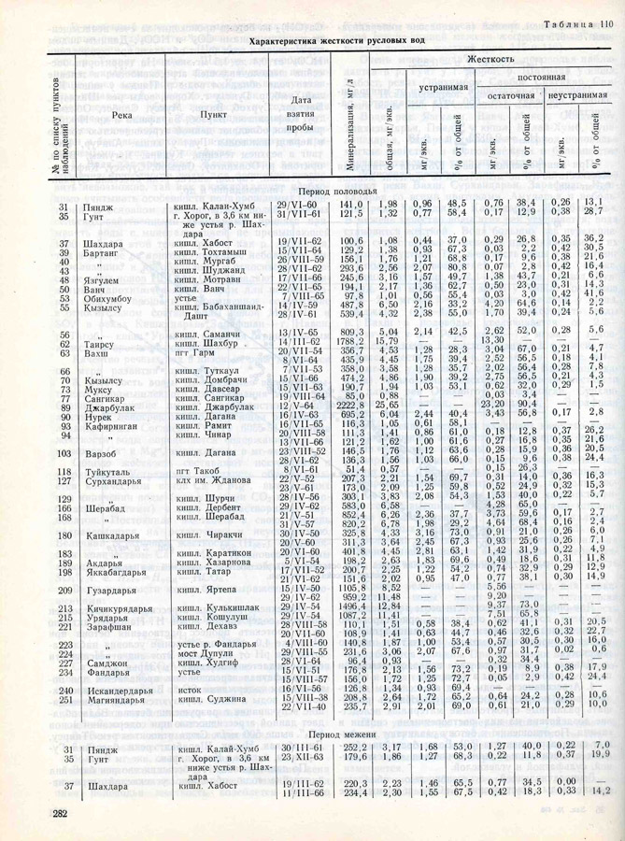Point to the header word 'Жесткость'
(491, 58)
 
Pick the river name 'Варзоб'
(101, 452)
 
